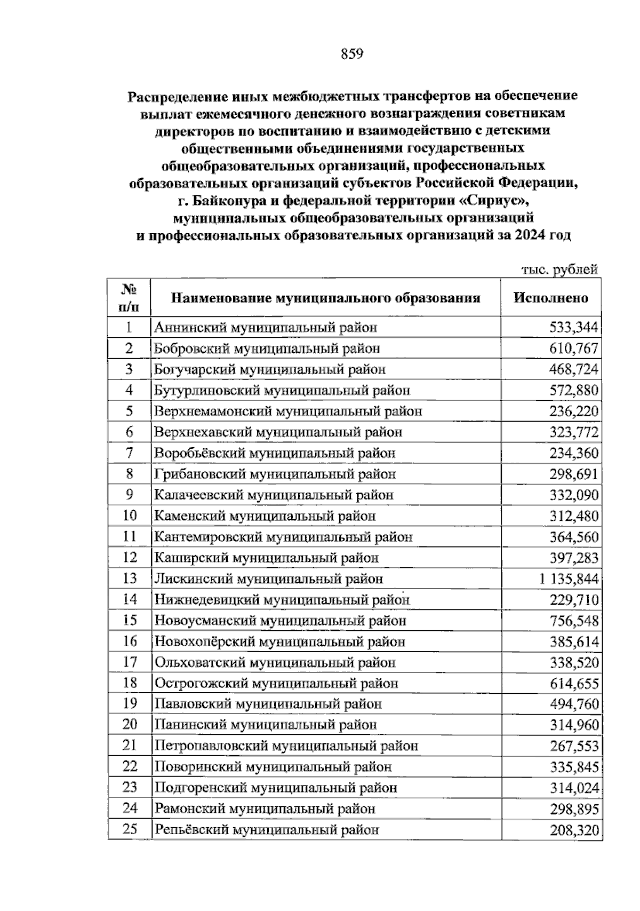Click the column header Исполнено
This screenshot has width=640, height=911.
551,298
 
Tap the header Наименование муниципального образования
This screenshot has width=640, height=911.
325,298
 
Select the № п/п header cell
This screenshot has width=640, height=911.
129,298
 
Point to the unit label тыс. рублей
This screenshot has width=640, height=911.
559,270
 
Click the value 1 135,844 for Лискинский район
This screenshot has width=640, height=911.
569,579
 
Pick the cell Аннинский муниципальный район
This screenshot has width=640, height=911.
266,328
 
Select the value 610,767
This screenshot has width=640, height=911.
574,349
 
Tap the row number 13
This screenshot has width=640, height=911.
130,579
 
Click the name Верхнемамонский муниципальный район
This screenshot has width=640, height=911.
288,411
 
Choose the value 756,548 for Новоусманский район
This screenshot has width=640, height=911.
574,621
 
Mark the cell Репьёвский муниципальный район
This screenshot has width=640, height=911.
267,830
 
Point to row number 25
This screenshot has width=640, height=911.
130,829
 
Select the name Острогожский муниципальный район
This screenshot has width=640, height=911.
276,684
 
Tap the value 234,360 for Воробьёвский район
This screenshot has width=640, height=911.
574,454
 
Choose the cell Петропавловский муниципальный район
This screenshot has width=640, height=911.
286,746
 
